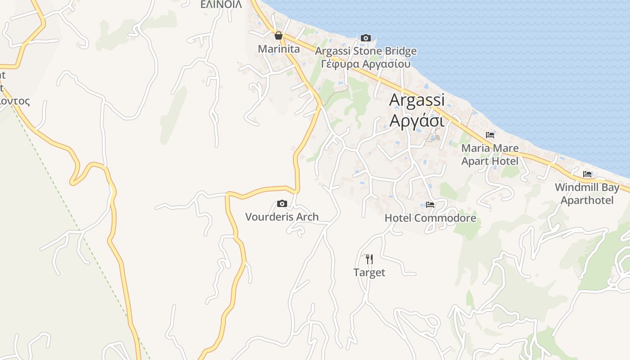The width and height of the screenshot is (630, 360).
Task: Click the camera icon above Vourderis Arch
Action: pyautogui.click(x=282, y=203)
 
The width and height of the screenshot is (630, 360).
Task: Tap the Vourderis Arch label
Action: pyautogui.click(x=282, y=217)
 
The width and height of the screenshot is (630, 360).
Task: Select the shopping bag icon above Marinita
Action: pyautogui.click(x=279, y=36)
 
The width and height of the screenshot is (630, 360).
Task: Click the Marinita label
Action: pyautogui.click(x=279, y=49)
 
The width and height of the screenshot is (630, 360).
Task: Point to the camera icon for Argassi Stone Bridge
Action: pyautogui.click(x=366, y=38)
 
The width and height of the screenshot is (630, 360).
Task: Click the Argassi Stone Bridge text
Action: pyautogui.click(x=365, y=51)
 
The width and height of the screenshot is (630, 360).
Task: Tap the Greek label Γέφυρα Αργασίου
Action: pyautogui.click(x=365, y=63)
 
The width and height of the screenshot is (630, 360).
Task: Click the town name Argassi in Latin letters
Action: pyautogui.click(x=417, y=100)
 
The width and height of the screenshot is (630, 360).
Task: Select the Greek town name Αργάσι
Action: pyautogui.click(x=417, y=121)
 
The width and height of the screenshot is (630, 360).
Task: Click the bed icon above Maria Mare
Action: pyautogui.click(x=490, y=135)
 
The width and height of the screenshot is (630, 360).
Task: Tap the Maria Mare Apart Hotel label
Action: pyautogui.click(x=490, y=154)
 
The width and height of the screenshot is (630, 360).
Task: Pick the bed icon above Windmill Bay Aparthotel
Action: pyautogui.click(x=587, y=174)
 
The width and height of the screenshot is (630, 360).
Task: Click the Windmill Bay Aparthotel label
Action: pyautogui.click(x=587, y=193)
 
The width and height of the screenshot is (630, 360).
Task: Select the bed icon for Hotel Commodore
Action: pyautogui.click(x=430, y=205)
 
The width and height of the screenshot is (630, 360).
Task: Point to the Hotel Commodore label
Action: pyautogui.click(x=430, y=218)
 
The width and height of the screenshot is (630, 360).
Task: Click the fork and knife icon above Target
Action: pyautogui.click(x=369, y=259)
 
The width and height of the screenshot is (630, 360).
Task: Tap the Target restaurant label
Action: pyautogui.click(x=369, y=273)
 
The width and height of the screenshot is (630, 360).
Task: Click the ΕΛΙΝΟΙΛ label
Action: pyautogui.click(x=221, y=4)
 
